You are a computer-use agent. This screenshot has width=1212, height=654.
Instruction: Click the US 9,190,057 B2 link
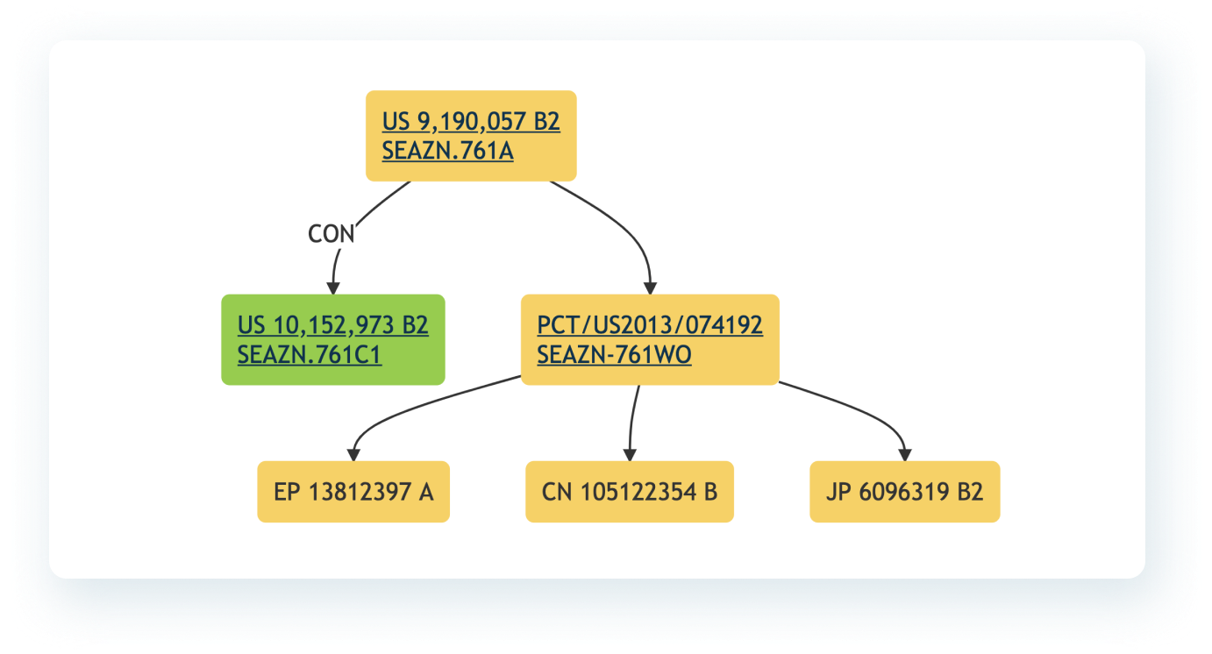471,121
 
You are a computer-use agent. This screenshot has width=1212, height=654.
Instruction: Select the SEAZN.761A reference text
447,151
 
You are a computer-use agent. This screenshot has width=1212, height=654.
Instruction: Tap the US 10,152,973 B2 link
332,325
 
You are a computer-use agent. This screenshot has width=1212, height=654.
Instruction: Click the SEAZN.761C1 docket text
310,354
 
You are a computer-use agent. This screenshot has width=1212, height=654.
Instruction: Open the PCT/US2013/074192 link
650,325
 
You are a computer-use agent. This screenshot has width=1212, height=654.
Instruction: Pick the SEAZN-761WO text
614,354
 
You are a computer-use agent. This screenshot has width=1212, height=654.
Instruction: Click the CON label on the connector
332,234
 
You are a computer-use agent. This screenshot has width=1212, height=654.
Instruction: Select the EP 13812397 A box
353,492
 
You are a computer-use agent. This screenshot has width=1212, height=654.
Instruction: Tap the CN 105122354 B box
630,492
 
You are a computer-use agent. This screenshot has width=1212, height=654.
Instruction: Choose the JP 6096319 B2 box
905,492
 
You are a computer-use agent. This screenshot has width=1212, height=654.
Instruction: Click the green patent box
333,340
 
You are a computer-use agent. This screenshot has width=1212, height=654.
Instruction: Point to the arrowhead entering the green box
333,288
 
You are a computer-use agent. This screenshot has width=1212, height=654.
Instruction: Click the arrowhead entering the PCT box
651,288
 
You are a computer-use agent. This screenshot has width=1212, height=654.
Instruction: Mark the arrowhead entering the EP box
353,455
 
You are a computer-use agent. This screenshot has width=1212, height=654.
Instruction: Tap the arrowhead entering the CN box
630,455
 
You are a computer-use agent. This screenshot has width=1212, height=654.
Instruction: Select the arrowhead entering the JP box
905,455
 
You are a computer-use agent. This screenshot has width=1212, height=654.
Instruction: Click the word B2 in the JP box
970,492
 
